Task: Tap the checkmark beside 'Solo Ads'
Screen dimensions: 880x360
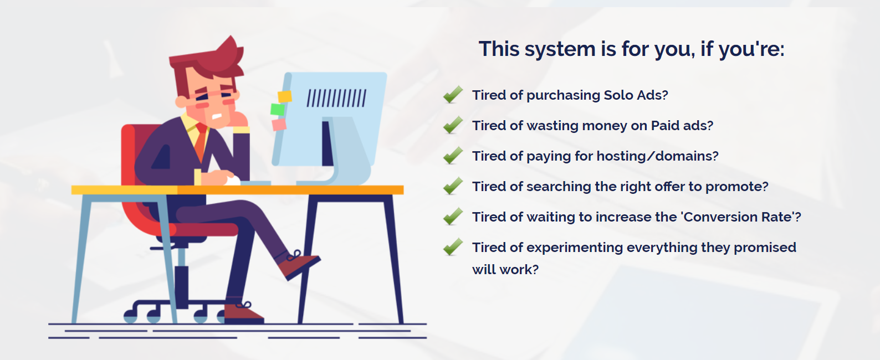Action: point(453,95)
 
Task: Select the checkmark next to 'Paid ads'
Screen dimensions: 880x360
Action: point(453,125)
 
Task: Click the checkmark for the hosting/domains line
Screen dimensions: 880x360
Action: point(453,156)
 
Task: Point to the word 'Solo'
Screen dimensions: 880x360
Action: point(617,95)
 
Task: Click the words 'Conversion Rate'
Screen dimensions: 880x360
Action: point(738,217)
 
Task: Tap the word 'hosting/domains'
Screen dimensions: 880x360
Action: point(658,156)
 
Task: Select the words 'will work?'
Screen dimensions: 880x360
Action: point(505,270)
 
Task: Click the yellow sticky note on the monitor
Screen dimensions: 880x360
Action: point(285,96)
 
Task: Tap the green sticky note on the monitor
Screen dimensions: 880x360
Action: point(278,110)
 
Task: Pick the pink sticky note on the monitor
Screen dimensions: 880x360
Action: point(279,125)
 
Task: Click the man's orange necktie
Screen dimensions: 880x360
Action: point(201,141)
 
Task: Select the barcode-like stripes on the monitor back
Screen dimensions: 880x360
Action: point(336,98)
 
